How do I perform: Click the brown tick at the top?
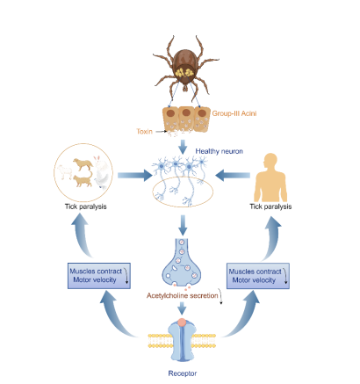185,67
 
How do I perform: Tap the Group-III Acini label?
234,113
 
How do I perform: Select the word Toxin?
145,131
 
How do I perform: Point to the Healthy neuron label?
220,151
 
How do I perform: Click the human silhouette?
270,178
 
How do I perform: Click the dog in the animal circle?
83,164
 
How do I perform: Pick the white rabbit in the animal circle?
101,173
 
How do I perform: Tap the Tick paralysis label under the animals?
86,206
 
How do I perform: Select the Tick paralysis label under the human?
270,206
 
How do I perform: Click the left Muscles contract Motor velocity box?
99,276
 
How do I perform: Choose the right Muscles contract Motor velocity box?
258,276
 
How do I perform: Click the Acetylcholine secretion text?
183,295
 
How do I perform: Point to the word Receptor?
183,373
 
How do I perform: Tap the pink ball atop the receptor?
182,322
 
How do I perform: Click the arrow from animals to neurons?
135,175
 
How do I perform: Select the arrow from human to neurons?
233,175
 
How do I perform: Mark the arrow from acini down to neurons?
183,147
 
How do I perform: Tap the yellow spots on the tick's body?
185,72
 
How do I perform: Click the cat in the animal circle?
83,179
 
